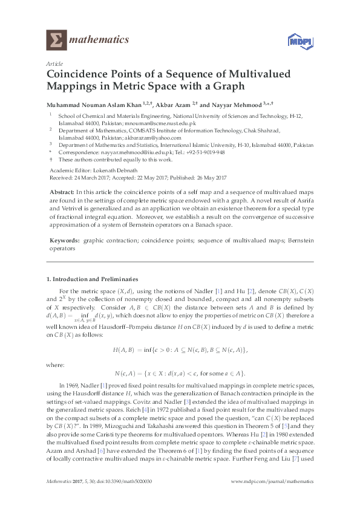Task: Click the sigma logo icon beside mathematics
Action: [55, 41]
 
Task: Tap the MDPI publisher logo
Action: [297, 42]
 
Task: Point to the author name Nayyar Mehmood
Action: [238, 103]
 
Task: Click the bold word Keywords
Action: [64, 241]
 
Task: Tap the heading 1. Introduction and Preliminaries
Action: [92, 279]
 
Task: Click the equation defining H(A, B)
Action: [180, 349]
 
